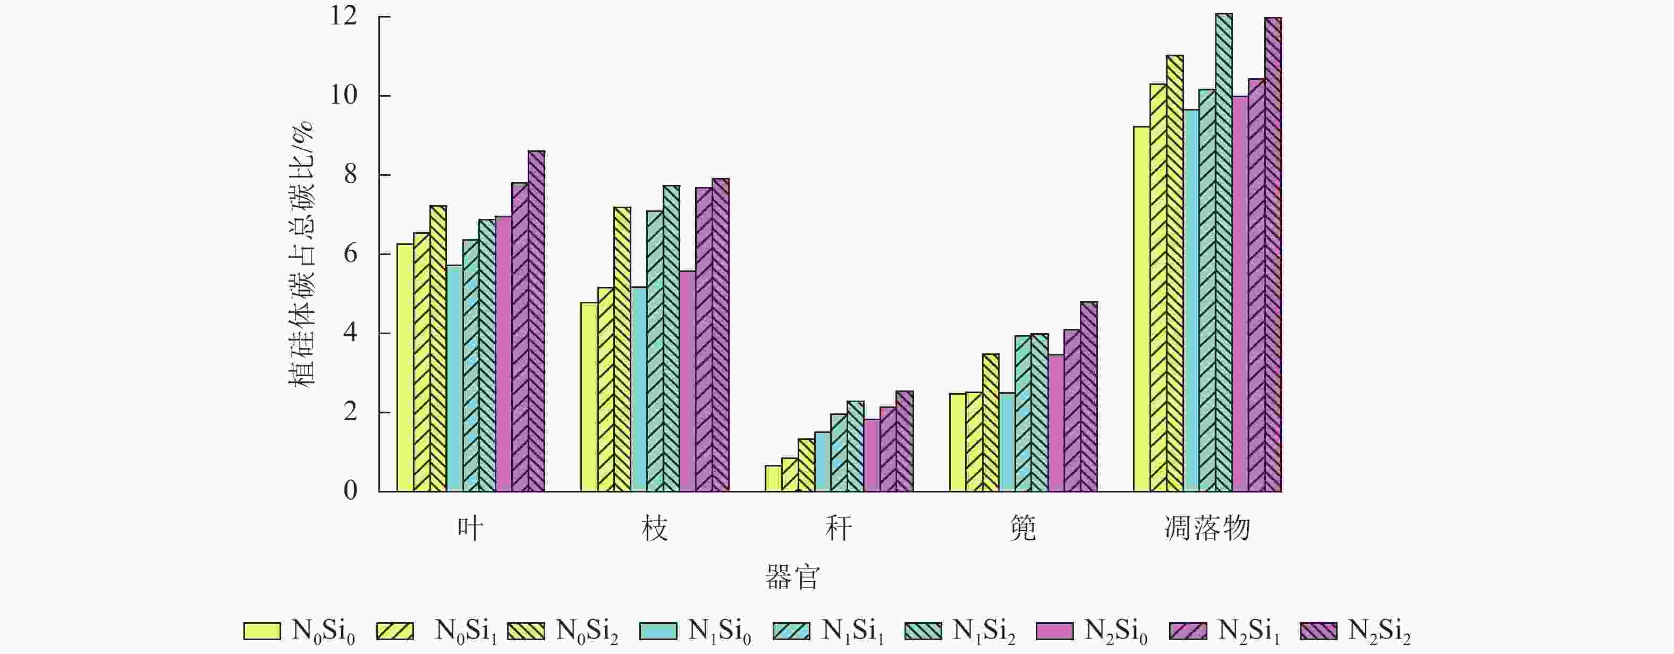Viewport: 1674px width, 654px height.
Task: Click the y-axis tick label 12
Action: pos(344,17)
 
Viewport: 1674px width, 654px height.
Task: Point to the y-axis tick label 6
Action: pos(350,254)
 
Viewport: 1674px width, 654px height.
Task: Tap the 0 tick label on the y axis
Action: pos(350,491)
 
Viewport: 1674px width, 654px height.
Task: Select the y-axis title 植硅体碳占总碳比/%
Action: pos(301,254)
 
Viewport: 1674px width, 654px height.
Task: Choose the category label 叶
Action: pos(470,529)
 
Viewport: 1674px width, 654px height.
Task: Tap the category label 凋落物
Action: pos(1207,529)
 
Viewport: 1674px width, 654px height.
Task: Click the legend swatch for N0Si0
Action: pos(262,631)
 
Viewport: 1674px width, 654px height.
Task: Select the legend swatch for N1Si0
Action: pos(658,631)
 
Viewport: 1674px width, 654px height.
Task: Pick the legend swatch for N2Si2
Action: pos(1319,631)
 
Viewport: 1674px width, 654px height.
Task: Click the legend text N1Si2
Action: pos(983,631)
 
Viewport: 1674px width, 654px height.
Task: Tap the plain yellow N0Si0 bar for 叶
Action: pos(405,368)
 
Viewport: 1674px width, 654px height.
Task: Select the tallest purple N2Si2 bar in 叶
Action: pos(536,321)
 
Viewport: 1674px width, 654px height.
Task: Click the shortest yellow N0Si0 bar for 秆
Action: pos(773,479)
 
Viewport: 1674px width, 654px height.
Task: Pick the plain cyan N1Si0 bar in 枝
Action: pos(639,389)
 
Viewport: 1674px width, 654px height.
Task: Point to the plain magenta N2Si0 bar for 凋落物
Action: pos(1240,294)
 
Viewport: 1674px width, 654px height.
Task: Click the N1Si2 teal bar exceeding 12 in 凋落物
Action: pos(1224,253)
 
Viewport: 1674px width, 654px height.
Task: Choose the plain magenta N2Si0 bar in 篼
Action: pos(1055,423)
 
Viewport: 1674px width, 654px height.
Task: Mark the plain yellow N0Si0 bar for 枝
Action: pos(589,397)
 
